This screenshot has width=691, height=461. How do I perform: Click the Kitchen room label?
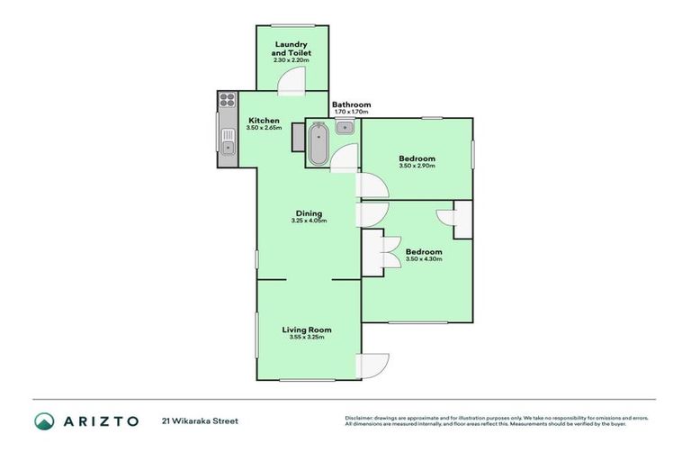(x=264, y=121)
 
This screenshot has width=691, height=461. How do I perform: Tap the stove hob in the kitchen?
(x=226, y=101)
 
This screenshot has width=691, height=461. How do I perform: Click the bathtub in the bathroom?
(x=318, y=145)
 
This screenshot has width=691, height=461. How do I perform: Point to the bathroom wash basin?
(x=345, y=128)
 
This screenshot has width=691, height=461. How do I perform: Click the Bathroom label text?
(x=351, y=104)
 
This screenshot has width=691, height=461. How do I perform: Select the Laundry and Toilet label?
(x=291, y=49)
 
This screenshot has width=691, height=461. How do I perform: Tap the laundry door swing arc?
(x=292, y=83)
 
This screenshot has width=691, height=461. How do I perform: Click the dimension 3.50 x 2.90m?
(x=417, y=167)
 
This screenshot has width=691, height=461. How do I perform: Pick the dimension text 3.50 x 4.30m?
(x=423, y=259)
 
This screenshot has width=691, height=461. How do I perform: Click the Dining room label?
(x=308, y=213)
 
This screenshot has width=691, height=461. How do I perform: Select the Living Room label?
(x=307, y=330)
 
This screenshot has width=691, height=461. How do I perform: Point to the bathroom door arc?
(x=344, y=159)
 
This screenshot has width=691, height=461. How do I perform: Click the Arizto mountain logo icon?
(x=44, y=420)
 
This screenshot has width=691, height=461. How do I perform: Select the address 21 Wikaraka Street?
(x=200, y=420)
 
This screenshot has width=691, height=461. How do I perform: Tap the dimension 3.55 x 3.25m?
(x=307, y=338)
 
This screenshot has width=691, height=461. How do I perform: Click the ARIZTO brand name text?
(x=100, y=420)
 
